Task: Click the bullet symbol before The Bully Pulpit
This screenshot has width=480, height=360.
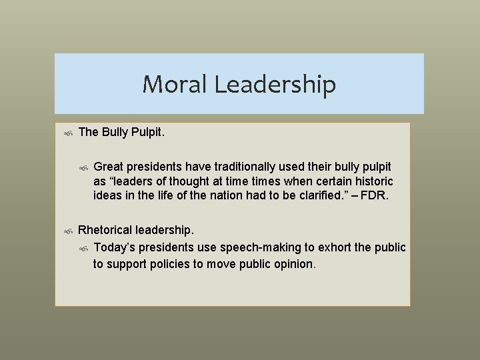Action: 68,133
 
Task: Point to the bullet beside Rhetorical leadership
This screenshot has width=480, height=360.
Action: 68,231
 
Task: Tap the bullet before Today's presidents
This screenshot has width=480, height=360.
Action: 83,249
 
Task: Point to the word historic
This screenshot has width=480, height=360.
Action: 373,181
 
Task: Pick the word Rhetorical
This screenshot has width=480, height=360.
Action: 105,231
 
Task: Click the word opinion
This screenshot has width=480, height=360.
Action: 291,264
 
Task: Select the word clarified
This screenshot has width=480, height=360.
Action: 323,197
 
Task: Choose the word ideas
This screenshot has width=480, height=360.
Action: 107,197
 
